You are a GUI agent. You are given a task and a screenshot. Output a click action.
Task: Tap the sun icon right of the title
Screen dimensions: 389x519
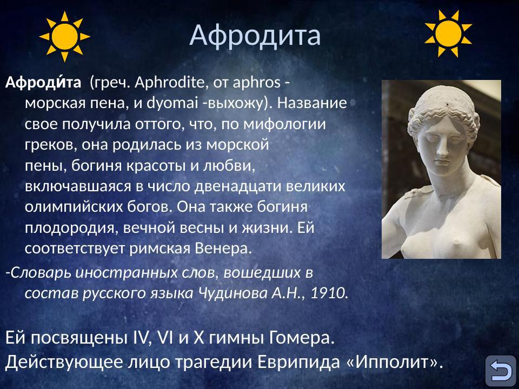448,33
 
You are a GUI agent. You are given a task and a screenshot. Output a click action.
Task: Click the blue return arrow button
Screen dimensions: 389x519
500,371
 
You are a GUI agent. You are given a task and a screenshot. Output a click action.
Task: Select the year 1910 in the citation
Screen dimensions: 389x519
328,293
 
